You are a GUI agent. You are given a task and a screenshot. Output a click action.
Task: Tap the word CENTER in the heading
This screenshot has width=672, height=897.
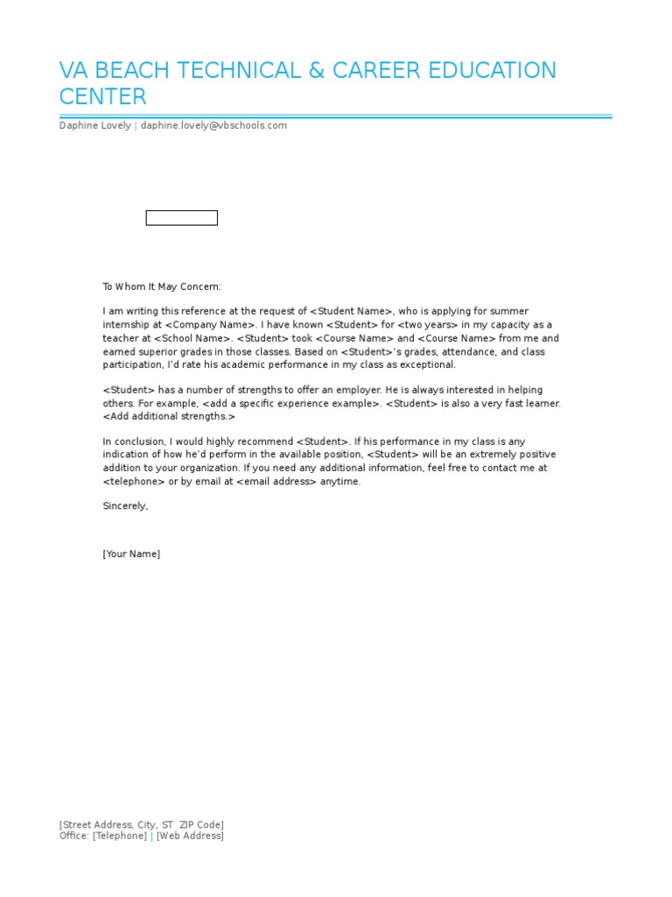(102, 96)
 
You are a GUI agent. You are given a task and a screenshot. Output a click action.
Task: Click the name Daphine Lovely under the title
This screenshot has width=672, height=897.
(94, 125)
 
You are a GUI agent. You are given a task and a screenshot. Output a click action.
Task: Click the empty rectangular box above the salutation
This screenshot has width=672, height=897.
(181, 218)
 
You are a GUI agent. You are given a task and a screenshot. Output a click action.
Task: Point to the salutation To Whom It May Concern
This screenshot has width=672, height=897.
(162, 286)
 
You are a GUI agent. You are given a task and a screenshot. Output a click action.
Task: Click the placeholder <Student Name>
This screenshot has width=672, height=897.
(352, 311)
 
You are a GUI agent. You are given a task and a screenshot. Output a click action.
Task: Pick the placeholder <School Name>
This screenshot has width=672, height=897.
(192, 338)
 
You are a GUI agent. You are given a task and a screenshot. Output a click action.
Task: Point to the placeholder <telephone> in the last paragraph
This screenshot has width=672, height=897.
(133, 482)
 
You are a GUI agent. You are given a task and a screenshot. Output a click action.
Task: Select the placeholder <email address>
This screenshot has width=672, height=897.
(276, 482)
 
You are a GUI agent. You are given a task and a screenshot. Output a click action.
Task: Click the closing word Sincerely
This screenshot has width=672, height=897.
(125, 505)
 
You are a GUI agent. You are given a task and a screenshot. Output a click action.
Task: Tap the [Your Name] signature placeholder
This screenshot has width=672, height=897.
(131, 554)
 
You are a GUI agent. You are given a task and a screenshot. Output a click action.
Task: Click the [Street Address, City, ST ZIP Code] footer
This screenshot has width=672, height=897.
(141, 824)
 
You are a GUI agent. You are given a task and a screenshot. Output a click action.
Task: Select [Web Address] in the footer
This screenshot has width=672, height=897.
(190, 836)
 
